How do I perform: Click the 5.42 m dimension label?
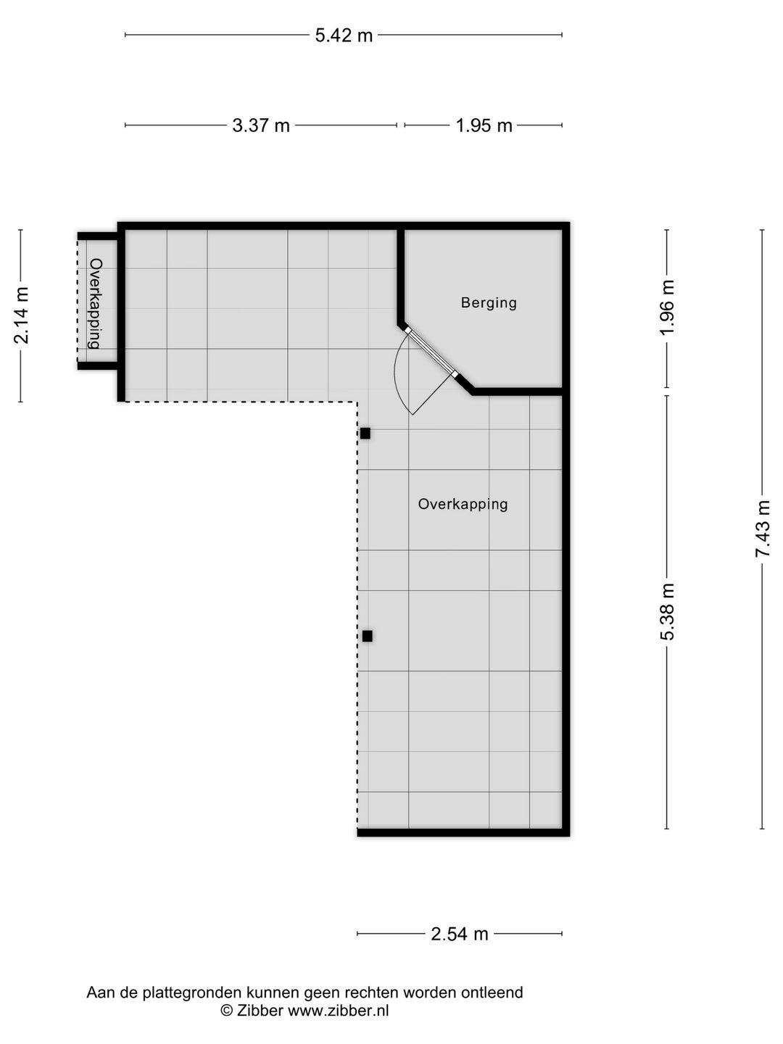coord(344,35)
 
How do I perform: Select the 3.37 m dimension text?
coord(261,125)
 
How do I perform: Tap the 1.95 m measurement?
coord(484,125)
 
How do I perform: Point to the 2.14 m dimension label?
coord(22,315)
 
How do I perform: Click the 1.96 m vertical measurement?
coord(668,307)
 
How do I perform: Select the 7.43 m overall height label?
coord(763,529)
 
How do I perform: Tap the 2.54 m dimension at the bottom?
coord(460,934)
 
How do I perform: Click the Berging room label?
coord(489,302)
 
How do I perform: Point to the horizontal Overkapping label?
coord(463,504)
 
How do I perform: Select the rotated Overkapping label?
coord(95,304)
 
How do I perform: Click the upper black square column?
coord(365,434)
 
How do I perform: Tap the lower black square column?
coord(368,636)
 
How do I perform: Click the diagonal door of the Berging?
coord(431,352)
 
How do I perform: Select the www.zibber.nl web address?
coord(338,1011)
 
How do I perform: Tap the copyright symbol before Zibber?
coord(226,1011)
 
